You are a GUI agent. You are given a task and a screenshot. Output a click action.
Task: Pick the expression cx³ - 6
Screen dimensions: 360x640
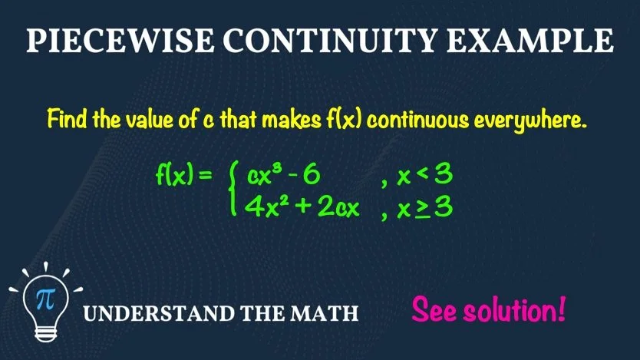pos(283,177)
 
